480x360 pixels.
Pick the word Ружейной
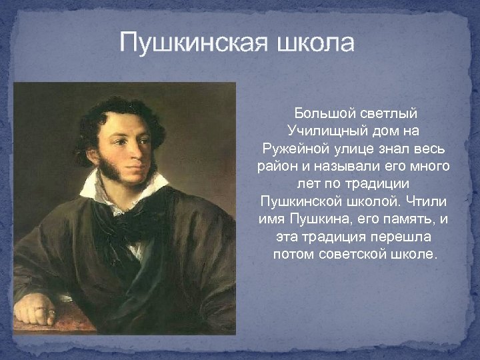pyautogui.click(x=289, y=147)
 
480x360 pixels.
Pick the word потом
pyautogui.click(x=292, y=254)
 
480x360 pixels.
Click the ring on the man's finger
pyautogui.click(x=51, y=311)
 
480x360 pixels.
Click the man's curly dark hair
pyautogui.click(x=123, y=107)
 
